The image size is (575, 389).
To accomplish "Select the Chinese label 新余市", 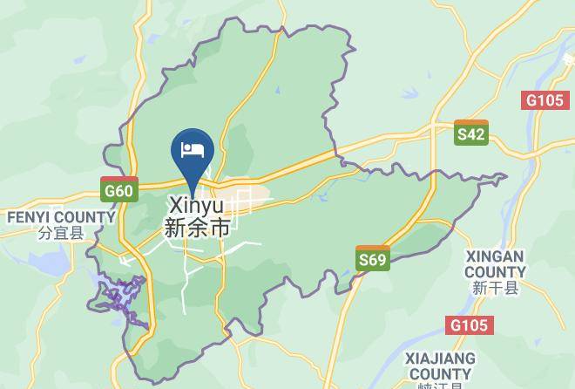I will [x=197, y=228].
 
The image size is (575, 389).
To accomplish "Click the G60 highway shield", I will [x=118, y=189].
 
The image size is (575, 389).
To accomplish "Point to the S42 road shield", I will [x=471, y=133].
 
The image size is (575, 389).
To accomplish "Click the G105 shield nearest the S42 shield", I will [x=545, y=100].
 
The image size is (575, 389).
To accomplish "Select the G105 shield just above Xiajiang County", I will [x=470, y=325].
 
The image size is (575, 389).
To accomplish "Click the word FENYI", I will [x=31, y=216].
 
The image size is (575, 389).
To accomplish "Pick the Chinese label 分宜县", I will [x=60, y=233].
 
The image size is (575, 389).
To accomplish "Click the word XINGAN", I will [x=495, y=257].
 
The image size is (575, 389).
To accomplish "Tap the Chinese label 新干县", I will [x=496, y=289].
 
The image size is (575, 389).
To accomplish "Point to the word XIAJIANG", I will [x=440, y=358].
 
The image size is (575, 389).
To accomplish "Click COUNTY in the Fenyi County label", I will [x=87, y=216].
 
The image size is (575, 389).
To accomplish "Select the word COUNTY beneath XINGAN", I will [x=495, y=272].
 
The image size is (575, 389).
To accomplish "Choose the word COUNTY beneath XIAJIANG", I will [x=440, y=374].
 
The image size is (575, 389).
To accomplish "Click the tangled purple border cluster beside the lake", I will [x=118, y=297].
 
